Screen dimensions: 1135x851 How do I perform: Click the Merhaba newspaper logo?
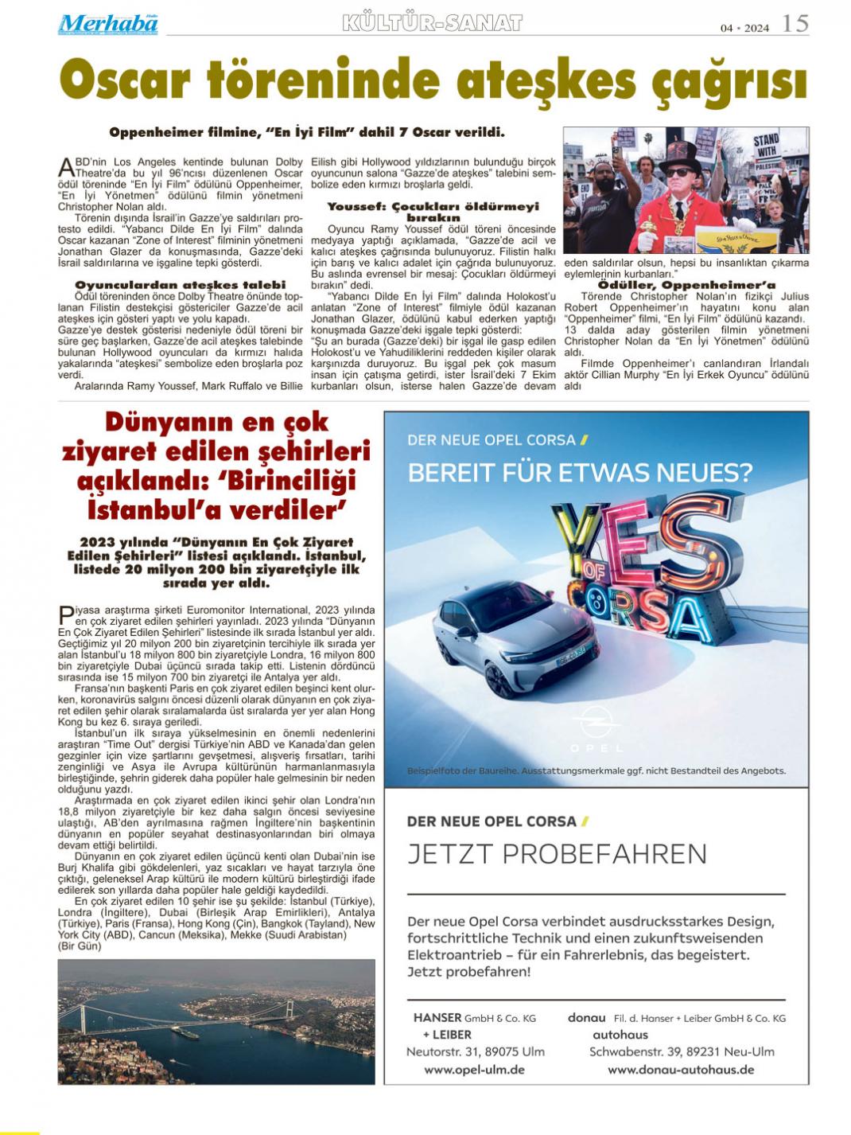pos(107,24)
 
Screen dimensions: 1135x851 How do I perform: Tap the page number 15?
pos(795,24)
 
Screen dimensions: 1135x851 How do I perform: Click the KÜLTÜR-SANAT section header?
pos(432,23)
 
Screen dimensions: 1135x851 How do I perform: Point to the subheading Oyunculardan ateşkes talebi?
pos(181,284)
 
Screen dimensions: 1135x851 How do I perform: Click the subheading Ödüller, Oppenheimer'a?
pos(686,284)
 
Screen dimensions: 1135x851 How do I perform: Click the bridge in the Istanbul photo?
pos(183,1018)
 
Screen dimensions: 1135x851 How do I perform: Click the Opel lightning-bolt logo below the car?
pos(596,723)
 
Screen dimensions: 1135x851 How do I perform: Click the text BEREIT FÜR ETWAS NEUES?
pos(580,473)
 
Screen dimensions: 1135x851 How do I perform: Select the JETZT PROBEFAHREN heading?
pos(557,854)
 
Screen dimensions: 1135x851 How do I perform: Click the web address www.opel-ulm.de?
pos(474,1069)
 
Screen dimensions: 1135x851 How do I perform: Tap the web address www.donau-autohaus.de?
pos(681,1069)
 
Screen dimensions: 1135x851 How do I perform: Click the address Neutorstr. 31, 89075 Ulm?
pos(475,1051)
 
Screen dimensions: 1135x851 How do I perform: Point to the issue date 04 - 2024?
pos(744,28)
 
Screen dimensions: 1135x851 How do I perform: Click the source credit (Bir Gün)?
pos(80,946)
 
